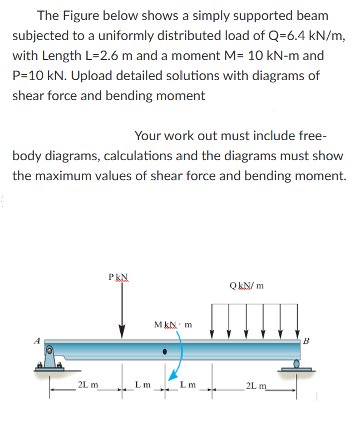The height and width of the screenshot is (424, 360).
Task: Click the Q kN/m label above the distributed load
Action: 246,286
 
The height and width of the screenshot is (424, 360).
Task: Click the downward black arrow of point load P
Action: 121,312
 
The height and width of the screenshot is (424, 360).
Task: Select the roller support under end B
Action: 295,366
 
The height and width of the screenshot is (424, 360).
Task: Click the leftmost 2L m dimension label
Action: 88,384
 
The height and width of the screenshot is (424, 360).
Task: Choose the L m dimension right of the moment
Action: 186,384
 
